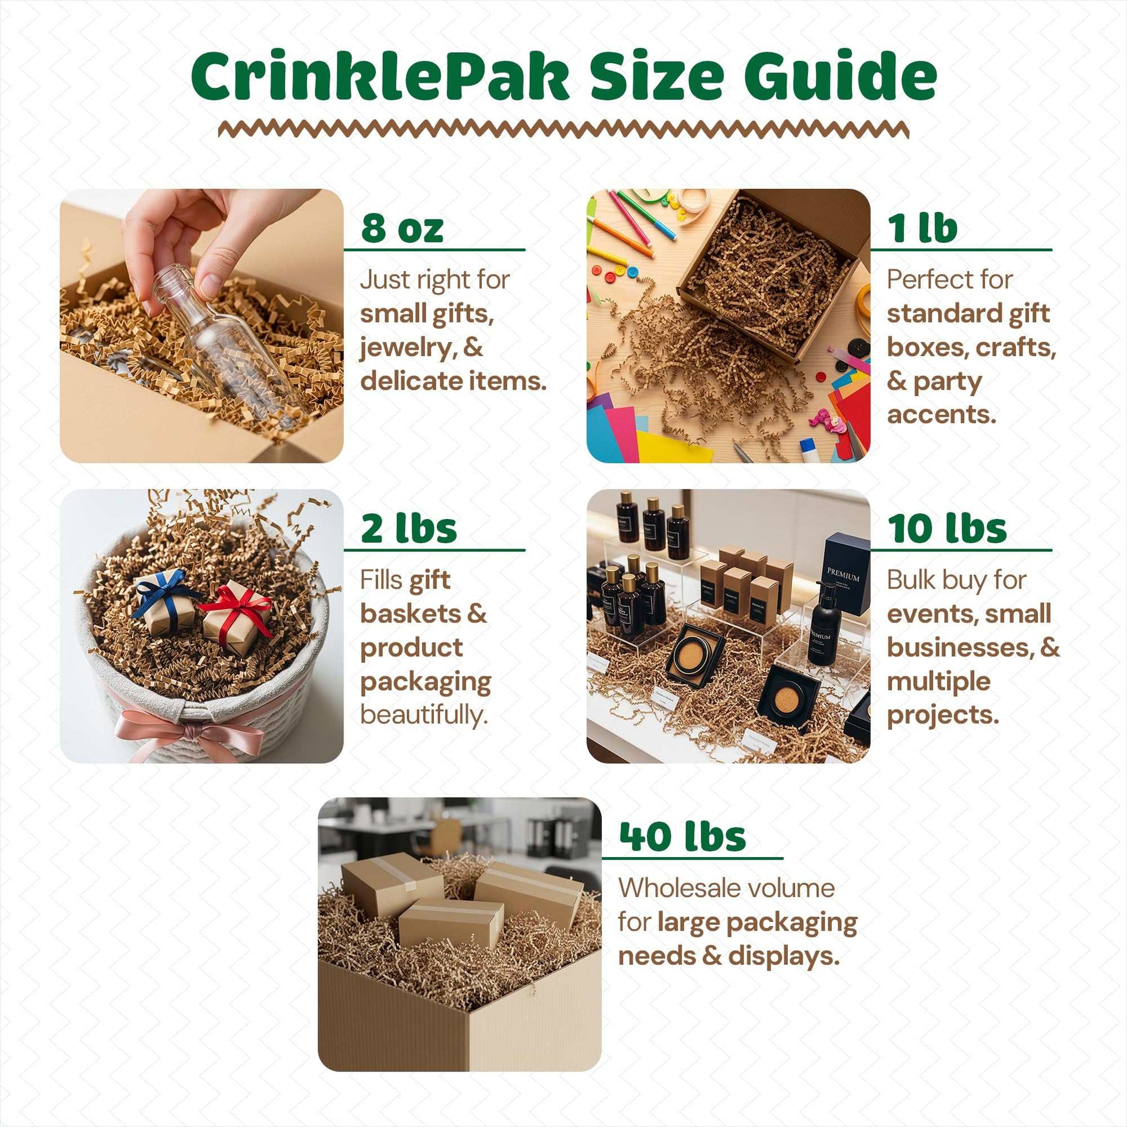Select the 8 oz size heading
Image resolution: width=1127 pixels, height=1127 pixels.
coord(402,228)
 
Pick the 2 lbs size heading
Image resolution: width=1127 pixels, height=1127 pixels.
coord(409,529)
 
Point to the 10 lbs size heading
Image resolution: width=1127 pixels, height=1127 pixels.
coord(947,529)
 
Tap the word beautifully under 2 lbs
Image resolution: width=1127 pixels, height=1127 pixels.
coord(424,715)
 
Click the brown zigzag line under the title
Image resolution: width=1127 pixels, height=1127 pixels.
coord(563,130)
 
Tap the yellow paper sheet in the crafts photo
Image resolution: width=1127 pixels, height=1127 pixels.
coord(671,447)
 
